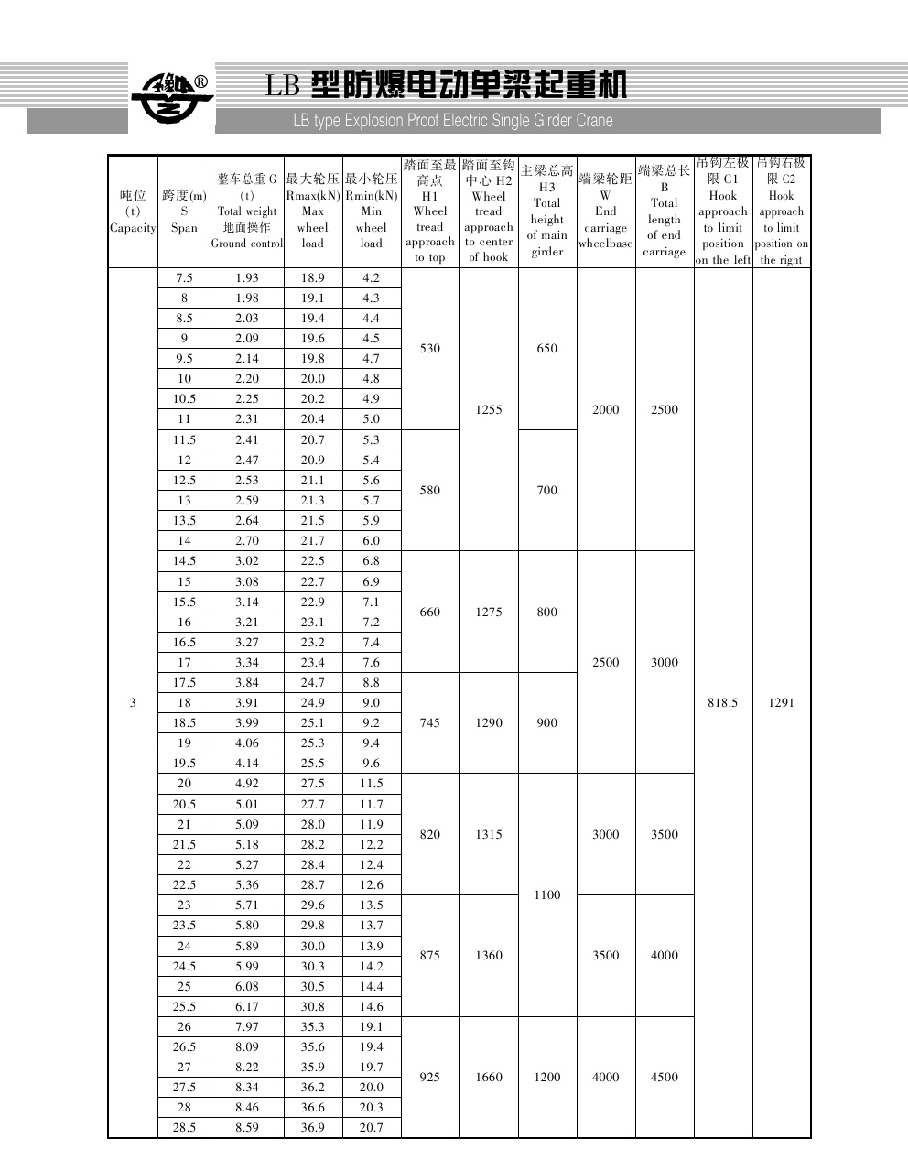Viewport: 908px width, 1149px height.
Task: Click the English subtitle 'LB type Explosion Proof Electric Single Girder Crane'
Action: pos(453,121)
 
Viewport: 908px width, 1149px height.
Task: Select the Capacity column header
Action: pos(133,211)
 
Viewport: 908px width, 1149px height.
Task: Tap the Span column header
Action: pos(184,211)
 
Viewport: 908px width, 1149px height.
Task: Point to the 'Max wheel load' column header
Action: pos(312,211)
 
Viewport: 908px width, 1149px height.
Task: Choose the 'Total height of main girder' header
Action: pos(547,211)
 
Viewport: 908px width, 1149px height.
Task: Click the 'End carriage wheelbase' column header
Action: pos(606,211)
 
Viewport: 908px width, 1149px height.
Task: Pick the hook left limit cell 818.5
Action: pos(723,703)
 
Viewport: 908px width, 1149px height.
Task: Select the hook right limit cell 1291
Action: pos(782,703)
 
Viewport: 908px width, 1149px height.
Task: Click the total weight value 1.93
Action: pos(247,278)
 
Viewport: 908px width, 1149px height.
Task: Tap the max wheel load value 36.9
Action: pos(312,1128)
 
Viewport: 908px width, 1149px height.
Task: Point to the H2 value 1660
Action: pos(489,1078)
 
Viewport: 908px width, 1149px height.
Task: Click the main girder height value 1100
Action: pos(547,895)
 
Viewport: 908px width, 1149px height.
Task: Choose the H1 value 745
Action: pos(430,723)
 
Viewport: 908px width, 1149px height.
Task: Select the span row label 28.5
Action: pos(184,1128)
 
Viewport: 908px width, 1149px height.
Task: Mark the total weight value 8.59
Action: pos(247,1128)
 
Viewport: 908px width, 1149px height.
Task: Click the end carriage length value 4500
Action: pos(665,1078)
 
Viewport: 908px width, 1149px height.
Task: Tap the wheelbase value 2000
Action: pos(606,410)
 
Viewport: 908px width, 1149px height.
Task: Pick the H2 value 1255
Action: pos(489,410)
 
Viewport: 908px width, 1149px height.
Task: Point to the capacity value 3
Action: pos(133,703)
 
